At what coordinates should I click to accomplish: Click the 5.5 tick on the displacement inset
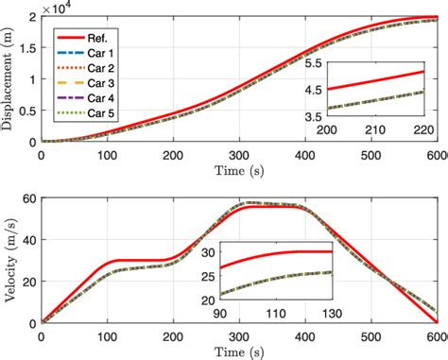[309, 61]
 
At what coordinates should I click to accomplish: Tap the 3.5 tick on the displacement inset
[309, 116]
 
